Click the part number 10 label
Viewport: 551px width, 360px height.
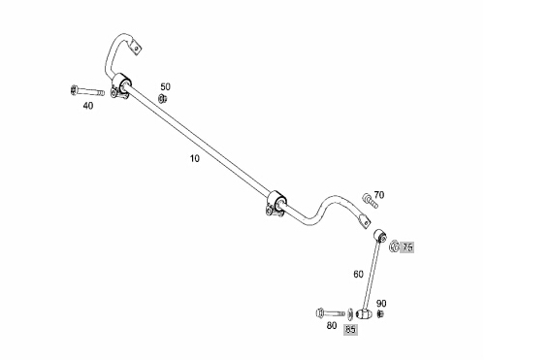click(x=195, y=158)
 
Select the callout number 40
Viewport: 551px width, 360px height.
click(x=88, y=106)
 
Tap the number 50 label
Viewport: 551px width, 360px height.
click(x=165, y=86)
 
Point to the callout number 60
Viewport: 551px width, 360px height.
click(x=358, y=274)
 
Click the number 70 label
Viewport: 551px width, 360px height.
click(x=378, y=194)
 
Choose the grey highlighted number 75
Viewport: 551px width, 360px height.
click(x=407, y=247)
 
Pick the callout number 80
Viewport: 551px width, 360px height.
click(x=332, y=325)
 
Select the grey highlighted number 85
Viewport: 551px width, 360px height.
click(x=350, y=329)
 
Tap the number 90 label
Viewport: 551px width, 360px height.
click(x=381, y=303)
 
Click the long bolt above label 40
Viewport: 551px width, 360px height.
click(x=87, y=91)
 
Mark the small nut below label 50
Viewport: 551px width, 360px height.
click(x=162, y=99)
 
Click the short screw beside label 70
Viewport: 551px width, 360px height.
click(x=371, y=201)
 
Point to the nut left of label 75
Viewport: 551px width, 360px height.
click(x=394, y=245)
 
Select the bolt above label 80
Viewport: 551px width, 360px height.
click(x=331, y=312)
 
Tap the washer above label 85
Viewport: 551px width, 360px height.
click(x=350, y=313)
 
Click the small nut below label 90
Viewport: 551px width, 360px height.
click(x=380, y=313)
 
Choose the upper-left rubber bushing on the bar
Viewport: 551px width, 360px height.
click(x=122, y=86)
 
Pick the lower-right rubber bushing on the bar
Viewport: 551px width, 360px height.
click(x=277, y=203)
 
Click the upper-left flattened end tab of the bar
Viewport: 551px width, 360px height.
click(x=135, y=48)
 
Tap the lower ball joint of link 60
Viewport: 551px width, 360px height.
click(x=364, y=313)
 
